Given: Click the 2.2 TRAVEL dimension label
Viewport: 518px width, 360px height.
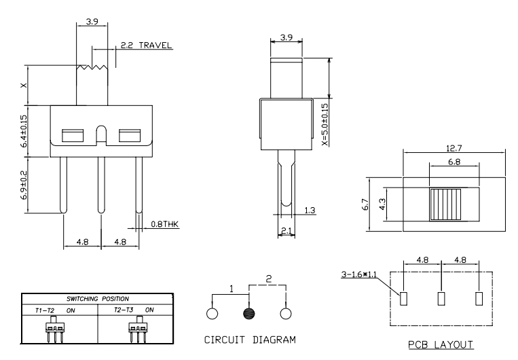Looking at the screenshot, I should (x=145, y=46).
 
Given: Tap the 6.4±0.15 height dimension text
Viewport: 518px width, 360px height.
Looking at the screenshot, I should (x=24, y=128).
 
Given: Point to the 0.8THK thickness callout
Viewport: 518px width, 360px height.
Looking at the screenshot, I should (x=164, y=223).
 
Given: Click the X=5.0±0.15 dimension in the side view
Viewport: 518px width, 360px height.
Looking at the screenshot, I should (x=324, y=124).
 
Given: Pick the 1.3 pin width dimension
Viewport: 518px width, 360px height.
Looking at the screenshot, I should (x=310, y=211).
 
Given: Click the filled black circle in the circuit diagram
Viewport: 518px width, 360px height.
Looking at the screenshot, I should (x=248, y=314).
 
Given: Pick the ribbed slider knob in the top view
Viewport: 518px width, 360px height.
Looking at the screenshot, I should (x=445, y=204).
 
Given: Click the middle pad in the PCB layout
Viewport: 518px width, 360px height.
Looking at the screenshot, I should (x=442, y=298).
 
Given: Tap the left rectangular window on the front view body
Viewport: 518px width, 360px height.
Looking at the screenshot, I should (x=71, y=135).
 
